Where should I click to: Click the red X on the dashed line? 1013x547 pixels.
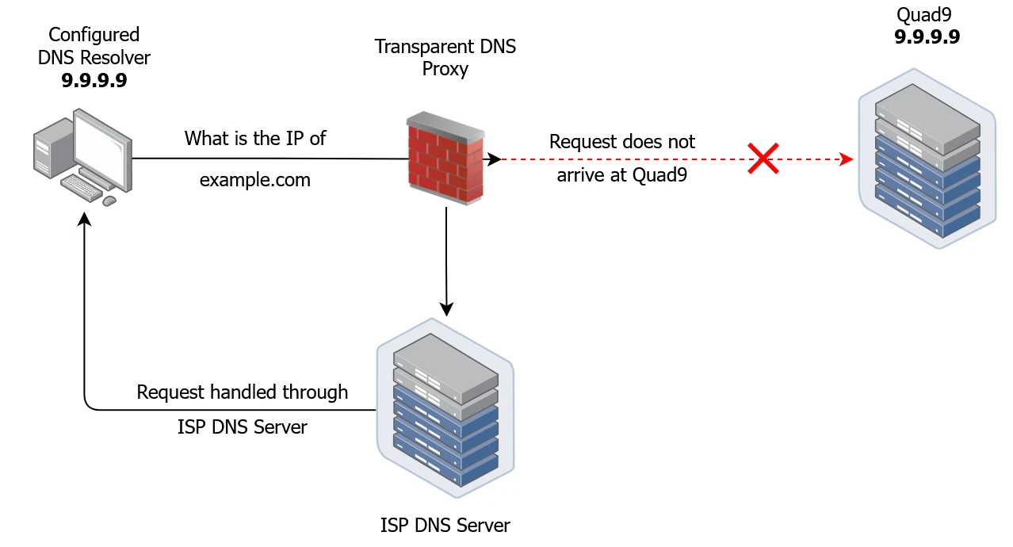click(762, 159)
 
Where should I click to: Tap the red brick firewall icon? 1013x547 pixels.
click(444, 159)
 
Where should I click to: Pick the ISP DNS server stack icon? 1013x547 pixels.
click(445, 409)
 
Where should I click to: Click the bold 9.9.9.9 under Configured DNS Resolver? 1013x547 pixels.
click(94, 80)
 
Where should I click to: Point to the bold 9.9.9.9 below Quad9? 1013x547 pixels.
click(927, 36)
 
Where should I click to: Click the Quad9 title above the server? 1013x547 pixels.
click(923, 14)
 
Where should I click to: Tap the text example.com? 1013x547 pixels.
click(255, 180)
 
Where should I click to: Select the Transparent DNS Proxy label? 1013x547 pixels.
click(445, 57)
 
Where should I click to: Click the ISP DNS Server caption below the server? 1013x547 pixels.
click(445, 525)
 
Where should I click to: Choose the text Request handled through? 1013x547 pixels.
click(242, 392)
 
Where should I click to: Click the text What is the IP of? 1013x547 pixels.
click(255, 138)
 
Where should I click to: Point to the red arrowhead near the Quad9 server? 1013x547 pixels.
click(847, 159)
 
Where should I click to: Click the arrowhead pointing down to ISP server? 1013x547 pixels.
click(446, 309)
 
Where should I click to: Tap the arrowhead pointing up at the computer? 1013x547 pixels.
click(84, 217)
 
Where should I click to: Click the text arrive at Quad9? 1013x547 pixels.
click(621, 175)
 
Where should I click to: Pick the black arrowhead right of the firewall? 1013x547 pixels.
click(494, 159)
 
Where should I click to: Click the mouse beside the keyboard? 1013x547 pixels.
click(109, 201)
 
